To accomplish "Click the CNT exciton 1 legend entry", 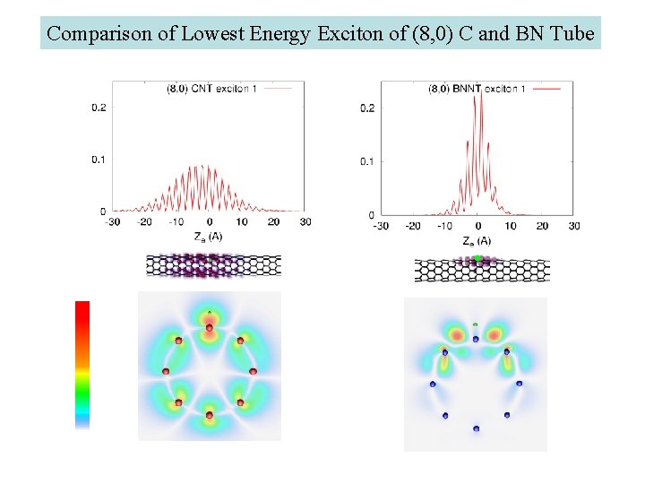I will (x=226, y=88).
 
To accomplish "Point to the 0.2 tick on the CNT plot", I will (x=99, y=108).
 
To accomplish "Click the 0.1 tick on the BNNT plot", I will (x=367, y=161).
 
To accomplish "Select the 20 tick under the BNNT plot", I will (x=542, y=226).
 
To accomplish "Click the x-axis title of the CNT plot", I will (x=208, y=237).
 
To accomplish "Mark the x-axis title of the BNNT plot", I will (x=477, y=240).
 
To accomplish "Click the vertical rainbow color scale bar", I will (x=82, y=363).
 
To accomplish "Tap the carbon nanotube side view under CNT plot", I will (x=213, y=264).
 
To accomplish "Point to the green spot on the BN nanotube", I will (x=477, y=258).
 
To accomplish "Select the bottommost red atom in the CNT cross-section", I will (x=210, y=416).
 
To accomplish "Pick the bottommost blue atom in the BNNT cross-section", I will (x=476, y=429).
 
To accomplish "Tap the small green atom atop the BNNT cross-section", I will (x=476, y=324).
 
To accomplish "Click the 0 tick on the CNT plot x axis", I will (x=210, y=221).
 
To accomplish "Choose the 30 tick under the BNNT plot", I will (x=574, y=226).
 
